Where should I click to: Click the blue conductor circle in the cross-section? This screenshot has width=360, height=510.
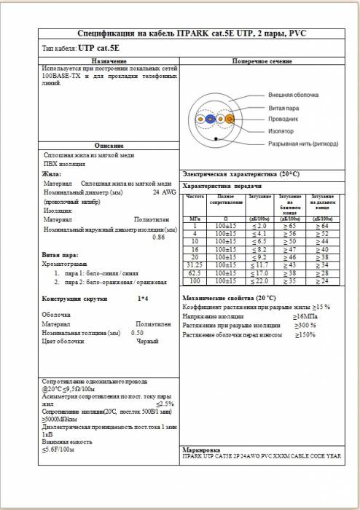[211, 119]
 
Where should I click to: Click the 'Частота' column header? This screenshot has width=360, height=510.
[195, 197]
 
